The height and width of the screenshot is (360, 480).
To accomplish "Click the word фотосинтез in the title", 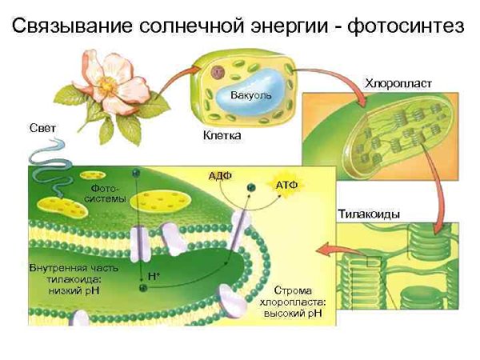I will [x=410, y=29].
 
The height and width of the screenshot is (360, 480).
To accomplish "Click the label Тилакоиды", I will [x=368, y=214].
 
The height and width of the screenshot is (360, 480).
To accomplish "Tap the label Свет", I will [x=43, y=128].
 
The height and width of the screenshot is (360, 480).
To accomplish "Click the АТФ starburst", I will [x=286, y=185].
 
